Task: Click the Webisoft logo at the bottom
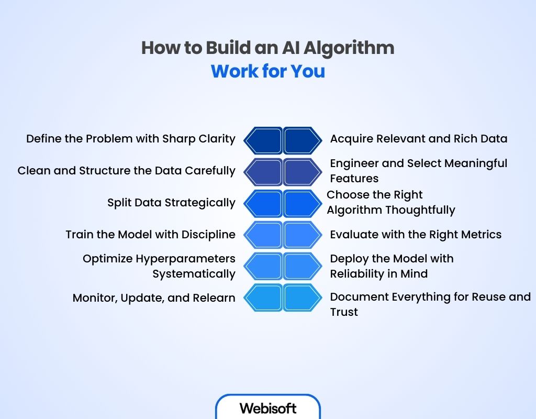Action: tap(268, 408)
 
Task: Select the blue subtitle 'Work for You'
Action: tap(268, 71)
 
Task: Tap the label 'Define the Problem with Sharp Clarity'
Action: tap(131, 139)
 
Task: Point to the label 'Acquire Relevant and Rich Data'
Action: tap(419, 139)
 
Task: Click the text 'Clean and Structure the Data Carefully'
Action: tap(126, 171)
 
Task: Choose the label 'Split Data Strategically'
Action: tap(171, 203)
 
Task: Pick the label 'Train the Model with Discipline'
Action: tap(150, 234)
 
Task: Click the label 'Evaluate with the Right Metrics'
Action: tap(416, 234)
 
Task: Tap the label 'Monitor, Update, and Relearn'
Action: tap(154, 298)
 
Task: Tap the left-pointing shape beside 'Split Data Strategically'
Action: tap(263, 203)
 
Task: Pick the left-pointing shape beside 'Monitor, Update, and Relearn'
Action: tap(263, 297)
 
